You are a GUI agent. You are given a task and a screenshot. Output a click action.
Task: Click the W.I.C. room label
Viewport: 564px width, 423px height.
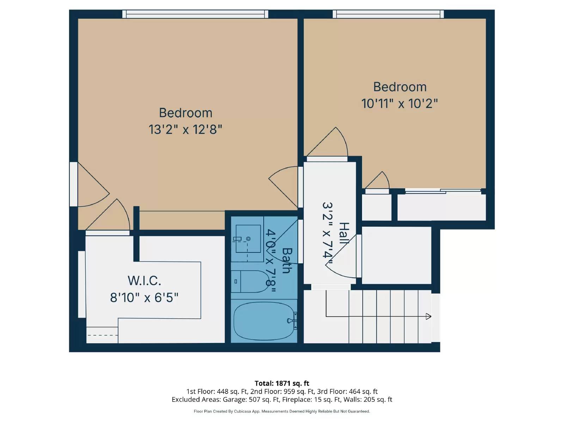point(144,281)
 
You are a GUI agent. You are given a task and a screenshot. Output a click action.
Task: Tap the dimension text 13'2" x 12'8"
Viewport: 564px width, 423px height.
point(185,129)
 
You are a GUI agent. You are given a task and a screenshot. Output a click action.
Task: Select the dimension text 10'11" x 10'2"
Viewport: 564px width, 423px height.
point(399,104)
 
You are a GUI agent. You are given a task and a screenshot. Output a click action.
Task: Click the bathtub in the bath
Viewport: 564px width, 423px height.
point(264,321)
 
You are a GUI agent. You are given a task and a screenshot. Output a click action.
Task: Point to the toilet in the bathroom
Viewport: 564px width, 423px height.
point(251,281)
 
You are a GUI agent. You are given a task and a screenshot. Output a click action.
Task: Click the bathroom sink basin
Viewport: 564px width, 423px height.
point(248,239)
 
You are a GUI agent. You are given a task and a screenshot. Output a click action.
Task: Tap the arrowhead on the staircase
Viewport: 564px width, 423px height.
point(428,316)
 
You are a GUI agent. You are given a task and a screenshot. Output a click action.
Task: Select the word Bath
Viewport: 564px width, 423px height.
point(287,261)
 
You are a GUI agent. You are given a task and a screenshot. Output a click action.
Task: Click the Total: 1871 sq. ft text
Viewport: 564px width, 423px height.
point(282,383)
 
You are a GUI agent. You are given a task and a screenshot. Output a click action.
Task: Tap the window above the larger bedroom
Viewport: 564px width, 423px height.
point(195,14)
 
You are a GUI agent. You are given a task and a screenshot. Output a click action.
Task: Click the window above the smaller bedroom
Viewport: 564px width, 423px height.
point(388,14)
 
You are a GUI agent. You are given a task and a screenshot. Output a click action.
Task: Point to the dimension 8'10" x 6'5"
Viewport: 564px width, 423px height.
point(144,298)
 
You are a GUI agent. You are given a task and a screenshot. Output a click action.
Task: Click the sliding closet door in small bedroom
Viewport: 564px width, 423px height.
point(443,191)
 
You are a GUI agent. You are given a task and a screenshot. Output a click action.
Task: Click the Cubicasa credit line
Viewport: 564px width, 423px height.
point(282,411)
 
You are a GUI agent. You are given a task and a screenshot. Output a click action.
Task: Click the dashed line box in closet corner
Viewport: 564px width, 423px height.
point(102,335)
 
